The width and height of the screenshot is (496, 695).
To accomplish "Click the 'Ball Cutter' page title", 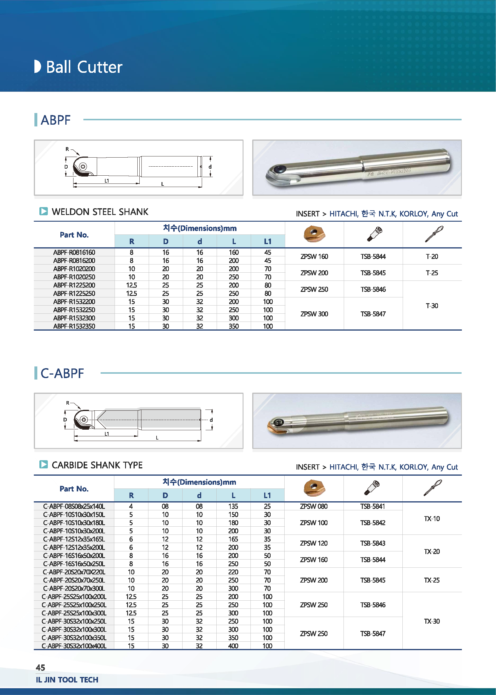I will coord(84,67).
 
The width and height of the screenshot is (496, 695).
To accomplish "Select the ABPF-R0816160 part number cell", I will coord(74,252).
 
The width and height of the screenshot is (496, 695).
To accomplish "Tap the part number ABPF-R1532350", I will coord(74,326).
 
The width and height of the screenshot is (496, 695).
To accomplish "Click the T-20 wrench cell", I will coord(432,257).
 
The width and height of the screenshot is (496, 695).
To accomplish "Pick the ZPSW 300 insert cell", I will coord(314,314).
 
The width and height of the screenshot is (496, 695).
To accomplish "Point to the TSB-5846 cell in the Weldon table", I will coord(373,289).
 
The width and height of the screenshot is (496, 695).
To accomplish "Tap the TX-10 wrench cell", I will coord(432,519).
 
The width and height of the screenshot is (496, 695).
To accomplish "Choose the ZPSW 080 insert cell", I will coord(314,507).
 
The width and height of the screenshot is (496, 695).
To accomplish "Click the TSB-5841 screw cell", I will coord(373,507).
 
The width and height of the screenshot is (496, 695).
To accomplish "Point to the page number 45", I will coord(40,668).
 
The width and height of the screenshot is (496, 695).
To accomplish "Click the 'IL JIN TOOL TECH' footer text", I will coord(67,680).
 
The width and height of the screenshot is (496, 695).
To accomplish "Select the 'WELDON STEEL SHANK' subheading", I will coord(100,212).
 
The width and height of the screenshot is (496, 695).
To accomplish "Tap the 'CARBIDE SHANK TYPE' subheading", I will coord(97,465).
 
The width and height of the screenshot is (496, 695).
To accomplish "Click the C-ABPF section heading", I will coord(62,373).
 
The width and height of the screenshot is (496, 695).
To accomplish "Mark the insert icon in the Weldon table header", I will coord(314,234).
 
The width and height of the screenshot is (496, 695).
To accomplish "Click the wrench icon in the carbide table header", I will coord(432,488).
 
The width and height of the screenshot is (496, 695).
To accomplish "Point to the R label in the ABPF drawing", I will coord(67,149).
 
